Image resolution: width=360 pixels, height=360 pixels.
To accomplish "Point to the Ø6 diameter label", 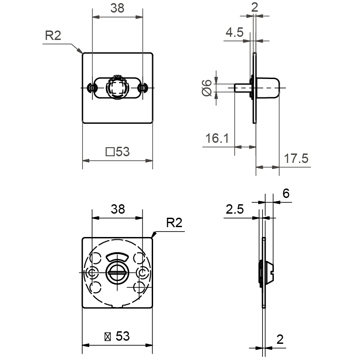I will click(206, 88).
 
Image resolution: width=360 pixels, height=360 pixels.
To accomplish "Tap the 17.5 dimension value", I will click(296, 158).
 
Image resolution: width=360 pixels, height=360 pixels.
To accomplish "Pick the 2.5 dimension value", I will click(235, 209).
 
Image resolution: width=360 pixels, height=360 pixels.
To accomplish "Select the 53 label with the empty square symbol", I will click(117, 152).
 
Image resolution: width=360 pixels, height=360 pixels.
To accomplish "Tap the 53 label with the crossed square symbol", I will click(117, 336).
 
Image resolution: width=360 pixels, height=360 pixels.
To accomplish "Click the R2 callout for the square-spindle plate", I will click(53, 36).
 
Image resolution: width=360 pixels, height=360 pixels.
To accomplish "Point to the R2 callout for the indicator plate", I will click(174, 223).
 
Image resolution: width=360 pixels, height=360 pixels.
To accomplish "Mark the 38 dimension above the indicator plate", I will click(117, 209).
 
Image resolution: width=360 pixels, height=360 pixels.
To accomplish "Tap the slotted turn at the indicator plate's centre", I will click(118, 272).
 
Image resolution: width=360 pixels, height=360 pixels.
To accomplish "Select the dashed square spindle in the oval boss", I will click(118, 88).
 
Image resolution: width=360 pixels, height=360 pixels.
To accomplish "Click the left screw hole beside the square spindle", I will click(92, 88).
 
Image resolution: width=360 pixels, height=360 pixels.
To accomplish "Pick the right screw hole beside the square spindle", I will click(143, 88).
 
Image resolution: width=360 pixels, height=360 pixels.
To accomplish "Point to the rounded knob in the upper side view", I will click(268, 88).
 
